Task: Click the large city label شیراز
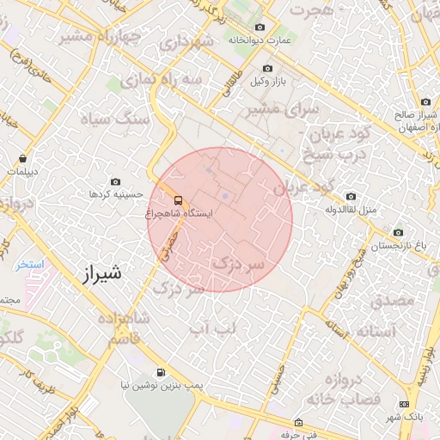[101, 274]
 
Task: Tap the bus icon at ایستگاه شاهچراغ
[178, 200]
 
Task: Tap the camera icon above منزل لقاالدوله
[350, 196]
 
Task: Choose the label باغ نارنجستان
[398, 246]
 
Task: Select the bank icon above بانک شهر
[405, 404]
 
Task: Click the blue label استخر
[29, 265]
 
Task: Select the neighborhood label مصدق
[393, 302]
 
